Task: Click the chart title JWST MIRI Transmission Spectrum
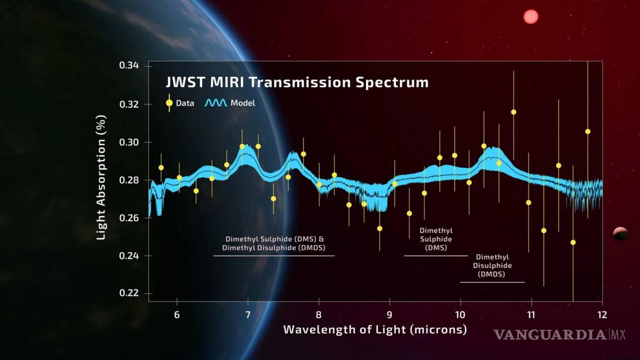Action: (x=297, y=83)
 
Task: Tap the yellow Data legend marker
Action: (x=169, y=103)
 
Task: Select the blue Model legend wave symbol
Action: (x=216, y=103)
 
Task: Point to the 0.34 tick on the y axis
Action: (x=129, y=66)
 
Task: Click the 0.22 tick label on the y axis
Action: (x=129, y=293)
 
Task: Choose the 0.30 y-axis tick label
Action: (x=129, y=142)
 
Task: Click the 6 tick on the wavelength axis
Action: (x=177, y=315)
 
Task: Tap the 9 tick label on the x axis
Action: (x=389, y=315)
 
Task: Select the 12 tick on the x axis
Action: (x=602, y=315)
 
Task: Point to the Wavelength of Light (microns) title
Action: (x=374, y=329)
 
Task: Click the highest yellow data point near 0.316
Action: (x=513, y=112)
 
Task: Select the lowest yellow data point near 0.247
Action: (x=573, y=242)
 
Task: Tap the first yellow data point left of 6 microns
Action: (x=161, y=167)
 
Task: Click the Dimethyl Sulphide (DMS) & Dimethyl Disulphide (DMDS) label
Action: (x=274, y=243)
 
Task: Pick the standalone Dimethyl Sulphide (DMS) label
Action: (x=436, y=239)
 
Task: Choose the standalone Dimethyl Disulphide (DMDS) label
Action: (x=492, y=266)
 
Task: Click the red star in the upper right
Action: (x=531, y=17)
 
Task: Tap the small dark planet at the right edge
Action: (x=621, y=234)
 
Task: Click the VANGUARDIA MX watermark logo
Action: (x=559, y=334)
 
